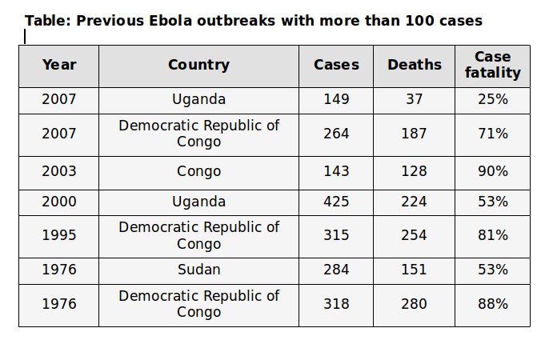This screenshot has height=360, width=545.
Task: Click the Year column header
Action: click(58, 66)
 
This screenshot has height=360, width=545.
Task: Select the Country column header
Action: click(198, 66)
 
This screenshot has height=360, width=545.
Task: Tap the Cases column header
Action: click(336, 66)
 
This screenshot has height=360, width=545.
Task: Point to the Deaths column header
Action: click(414, 66)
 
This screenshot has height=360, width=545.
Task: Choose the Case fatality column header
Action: click(492, 66)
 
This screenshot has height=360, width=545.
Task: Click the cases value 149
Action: click(336, 100)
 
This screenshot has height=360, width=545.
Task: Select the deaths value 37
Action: click(414, 100)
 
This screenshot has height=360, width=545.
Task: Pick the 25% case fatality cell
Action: click(492, 100)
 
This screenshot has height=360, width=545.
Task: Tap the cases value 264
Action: click(336, 134)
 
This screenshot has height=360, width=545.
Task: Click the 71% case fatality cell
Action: click(492, 134)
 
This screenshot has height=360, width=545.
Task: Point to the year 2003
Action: click(58, 171)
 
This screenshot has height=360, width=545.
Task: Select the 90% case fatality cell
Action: click(492, 171)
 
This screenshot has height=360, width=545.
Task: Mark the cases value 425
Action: click(336, 202)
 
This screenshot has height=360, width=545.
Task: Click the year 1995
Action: click(58, 235)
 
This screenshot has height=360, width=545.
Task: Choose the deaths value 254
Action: click(414, 235)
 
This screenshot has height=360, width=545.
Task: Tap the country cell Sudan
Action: click(198, 270)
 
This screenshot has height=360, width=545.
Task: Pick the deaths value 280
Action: click(414, 304)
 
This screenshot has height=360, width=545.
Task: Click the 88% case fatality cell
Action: click(492, 304)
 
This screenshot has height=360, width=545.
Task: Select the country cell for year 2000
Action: click(198, 202)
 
